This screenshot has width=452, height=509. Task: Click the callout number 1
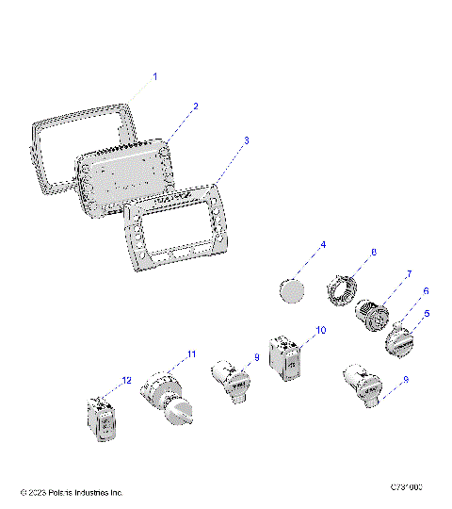tap(155, 74)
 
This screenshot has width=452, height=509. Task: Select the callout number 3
tap(247, 140)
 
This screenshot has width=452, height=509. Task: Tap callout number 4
tap(323, 245)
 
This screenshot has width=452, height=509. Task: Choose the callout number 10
tap(320, 331)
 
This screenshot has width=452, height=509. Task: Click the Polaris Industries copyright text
tap(72, 492)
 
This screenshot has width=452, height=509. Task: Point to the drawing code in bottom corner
tap(406, 487)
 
